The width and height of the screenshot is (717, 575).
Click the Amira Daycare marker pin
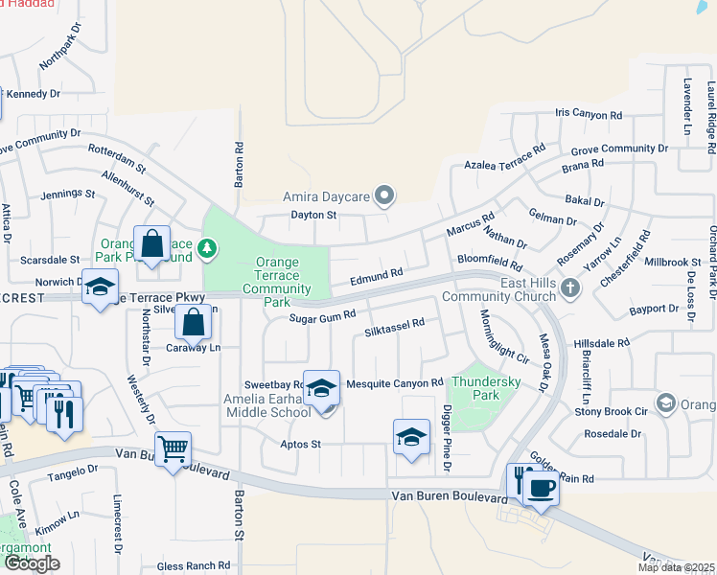pos(384,196)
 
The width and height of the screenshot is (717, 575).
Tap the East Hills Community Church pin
pos(570,287)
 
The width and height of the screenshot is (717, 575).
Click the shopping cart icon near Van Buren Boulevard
pos(173,448)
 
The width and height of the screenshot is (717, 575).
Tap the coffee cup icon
pos(542,487)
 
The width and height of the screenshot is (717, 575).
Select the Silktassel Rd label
pos(394,329)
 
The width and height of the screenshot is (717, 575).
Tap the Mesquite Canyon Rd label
pos(394,383)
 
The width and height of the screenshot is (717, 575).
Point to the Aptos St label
pos(300,445)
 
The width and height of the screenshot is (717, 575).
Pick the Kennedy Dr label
pos(33,94)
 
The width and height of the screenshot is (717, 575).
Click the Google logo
pos(32,563)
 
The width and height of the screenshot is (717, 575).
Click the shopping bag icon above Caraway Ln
pos(194,323)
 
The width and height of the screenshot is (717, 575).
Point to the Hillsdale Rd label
pos(600,342)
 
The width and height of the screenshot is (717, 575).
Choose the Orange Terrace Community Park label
pos(276,282)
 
